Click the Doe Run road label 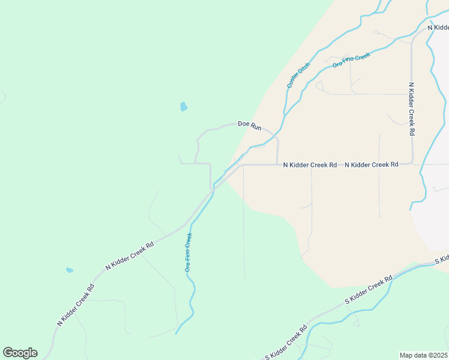(x=250, y=125)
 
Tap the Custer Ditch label (x=298, y=75)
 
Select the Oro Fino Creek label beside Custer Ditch (x=352, y=60)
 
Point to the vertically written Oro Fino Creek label (x=188, y=253)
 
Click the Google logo (x=20, y=353)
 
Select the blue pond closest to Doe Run (x=184, y=107)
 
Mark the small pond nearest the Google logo (x=70, y=270)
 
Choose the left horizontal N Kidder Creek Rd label (x=310, y=164)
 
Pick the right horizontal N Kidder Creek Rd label (x=372, y=164)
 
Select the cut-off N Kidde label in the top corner (x=438, y=28)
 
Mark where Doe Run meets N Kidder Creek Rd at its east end (x=277, y=164)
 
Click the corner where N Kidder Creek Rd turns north (x=412, y=163)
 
